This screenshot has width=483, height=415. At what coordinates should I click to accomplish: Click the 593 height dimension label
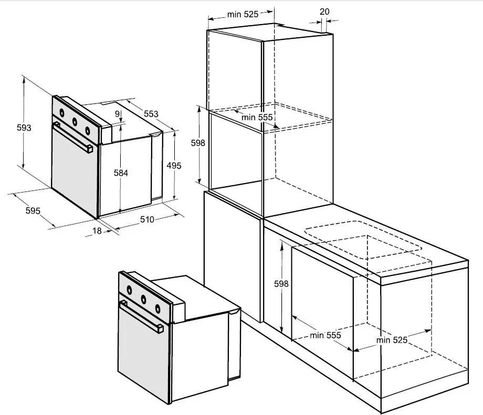coord(24,127)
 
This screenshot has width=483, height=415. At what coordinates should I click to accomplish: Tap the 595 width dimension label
coord(33,211)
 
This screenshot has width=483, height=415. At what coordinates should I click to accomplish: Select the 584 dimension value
coord(121,173)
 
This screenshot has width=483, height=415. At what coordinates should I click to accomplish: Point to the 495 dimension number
coord(174,166)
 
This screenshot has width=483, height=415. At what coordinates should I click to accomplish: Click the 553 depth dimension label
coord(151,114)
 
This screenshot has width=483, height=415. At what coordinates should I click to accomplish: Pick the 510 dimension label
coord(147,219)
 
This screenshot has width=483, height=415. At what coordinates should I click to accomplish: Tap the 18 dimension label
coord(97,231)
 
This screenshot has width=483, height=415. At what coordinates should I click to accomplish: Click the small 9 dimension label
coord(118,114)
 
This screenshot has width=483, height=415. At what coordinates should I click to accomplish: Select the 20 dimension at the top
coord(324,12)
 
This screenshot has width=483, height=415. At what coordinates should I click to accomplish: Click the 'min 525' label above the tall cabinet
coord(243,15)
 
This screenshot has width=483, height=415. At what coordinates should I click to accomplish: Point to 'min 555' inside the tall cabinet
coord(257,118)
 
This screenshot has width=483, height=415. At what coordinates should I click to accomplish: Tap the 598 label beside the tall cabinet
coord(198,143)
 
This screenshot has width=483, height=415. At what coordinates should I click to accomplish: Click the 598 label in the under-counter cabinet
coord(281,283)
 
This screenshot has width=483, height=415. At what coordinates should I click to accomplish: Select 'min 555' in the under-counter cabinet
coord(325,335)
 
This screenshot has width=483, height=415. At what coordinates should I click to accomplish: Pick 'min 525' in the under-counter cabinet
coord(392,340)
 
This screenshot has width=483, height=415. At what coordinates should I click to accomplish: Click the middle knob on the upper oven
coord(75,122)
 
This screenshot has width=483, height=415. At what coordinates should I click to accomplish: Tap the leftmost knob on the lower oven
coord(130,290)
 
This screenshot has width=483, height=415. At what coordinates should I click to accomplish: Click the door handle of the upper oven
coord(72,137)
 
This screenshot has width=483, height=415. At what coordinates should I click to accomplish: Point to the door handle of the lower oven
coord(141,317)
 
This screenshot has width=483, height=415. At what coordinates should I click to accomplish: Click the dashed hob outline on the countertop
coord(363,240)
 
